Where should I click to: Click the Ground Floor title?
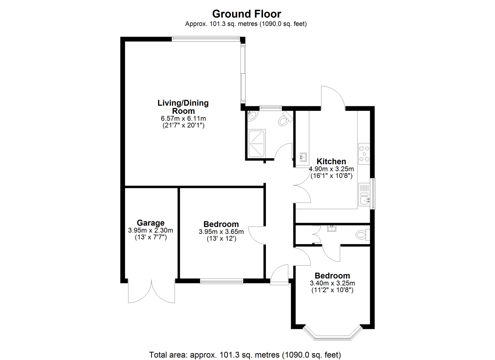[247, 14]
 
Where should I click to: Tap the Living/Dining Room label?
[183, 107]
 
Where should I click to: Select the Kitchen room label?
[331, 162]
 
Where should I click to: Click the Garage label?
[151, 223]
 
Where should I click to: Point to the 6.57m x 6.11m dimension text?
[183, 118]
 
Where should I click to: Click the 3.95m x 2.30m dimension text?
[150, 231]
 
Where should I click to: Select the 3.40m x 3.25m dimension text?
[332, 283]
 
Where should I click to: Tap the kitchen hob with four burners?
[364, 154]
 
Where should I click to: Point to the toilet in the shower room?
[285, 119]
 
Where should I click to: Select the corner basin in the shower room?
[252, 116]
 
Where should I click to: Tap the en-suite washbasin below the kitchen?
[332, 228]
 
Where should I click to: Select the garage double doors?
[151, 291]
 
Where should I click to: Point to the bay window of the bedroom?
[333, 334]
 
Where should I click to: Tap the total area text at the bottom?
[245, 355]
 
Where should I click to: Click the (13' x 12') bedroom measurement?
[221, 239]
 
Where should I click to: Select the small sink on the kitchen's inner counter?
[303, 157]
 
